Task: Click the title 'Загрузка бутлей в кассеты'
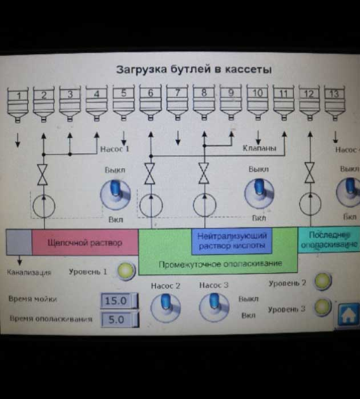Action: tap(193, 70)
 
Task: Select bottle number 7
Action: tap(177, 102)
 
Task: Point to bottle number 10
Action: tap(258, 102)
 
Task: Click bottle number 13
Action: tap(334, 103)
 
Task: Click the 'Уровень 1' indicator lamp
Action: tap(126, 271)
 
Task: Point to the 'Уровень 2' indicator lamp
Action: tap(323, 281)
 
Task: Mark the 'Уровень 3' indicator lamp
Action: tap(323, 307)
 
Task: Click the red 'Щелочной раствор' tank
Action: tap(84, 243)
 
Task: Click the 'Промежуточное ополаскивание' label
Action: tap(220, 264)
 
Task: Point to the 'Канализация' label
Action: tap(29, 272)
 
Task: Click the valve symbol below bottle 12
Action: tap(309, 173)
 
